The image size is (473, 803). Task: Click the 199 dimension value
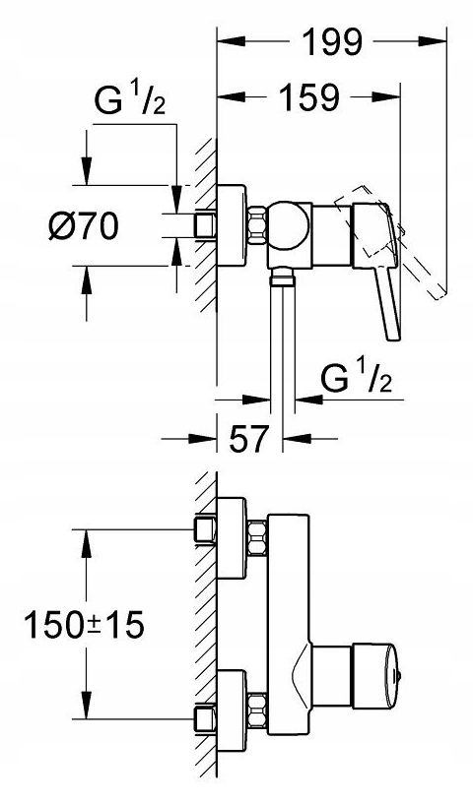point(333,42)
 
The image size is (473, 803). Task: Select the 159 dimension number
point(308,96)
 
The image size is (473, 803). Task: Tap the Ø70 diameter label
point(84,226)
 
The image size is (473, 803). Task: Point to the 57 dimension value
point(248,438)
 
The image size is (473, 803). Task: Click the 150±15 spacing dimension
point(85,625)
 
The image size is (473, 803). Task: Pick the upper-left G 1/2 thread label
point(130,99)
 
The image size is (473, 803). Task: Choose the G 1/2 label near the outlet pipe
point(357,378)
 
